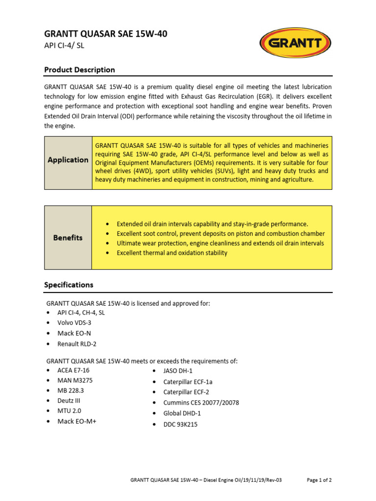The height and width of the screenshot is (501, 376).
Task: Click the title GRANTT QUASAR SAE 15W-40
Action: (109, 34)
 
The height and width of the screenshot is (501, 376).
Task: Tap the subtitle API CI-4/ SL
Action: (68, 46)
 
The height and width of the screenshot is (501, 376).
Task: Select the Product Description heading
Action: (79, 70)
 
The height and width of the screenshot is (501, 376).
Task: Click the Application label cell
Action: (68, 160)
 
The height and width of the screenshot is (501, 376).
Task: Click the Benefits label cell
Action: (68, 238)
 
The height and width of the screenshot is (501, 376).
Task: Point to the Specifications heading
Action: (69, 285)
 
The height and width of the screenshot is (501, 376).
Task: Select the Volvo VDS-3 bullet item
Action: (74, 323)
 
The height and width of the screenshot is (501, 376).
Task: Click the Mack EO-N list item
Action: (74, 333)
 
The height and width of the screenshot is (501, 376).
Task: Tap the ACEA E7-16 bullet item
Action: (73, 370)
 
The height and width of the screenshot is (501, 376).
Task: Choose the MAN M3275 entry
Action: (75, 380)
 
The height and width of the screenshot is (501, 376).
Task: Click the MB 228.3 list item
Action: (71, 390)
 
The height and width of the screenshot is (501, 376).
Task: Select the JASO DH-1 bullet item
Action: (178, 371)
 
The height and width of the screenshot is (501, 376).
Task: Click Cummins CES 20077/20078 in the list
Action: (201, 403)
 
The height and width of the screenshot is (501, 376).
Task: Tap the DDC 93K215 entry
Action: (181, 424)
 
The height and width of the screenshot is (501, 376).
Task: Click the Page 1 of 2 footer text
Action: (319, 480)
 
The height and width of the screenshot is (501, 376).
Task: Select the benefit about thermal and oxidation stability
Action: (172, 253)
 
